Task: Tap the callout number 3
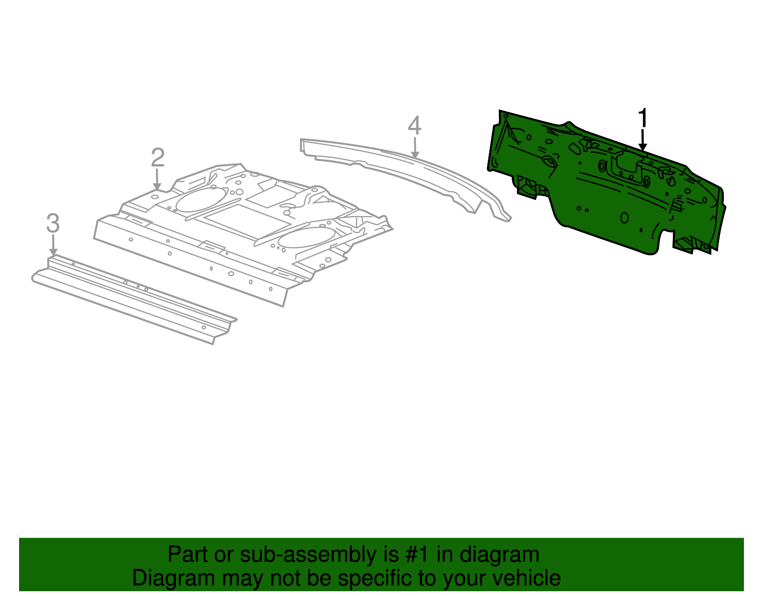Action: coord(53,223)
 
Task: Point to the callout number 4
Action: coord(414,125)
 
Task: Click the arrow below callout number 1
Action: coord(642,140)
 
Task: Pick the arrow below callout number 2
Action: coord(157,179)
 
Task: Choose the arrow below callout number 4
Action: coord(415,148)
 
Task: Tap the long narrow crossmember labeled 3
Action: coord(134,299)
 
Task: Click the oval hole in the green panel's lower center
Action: coord(624,218)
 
